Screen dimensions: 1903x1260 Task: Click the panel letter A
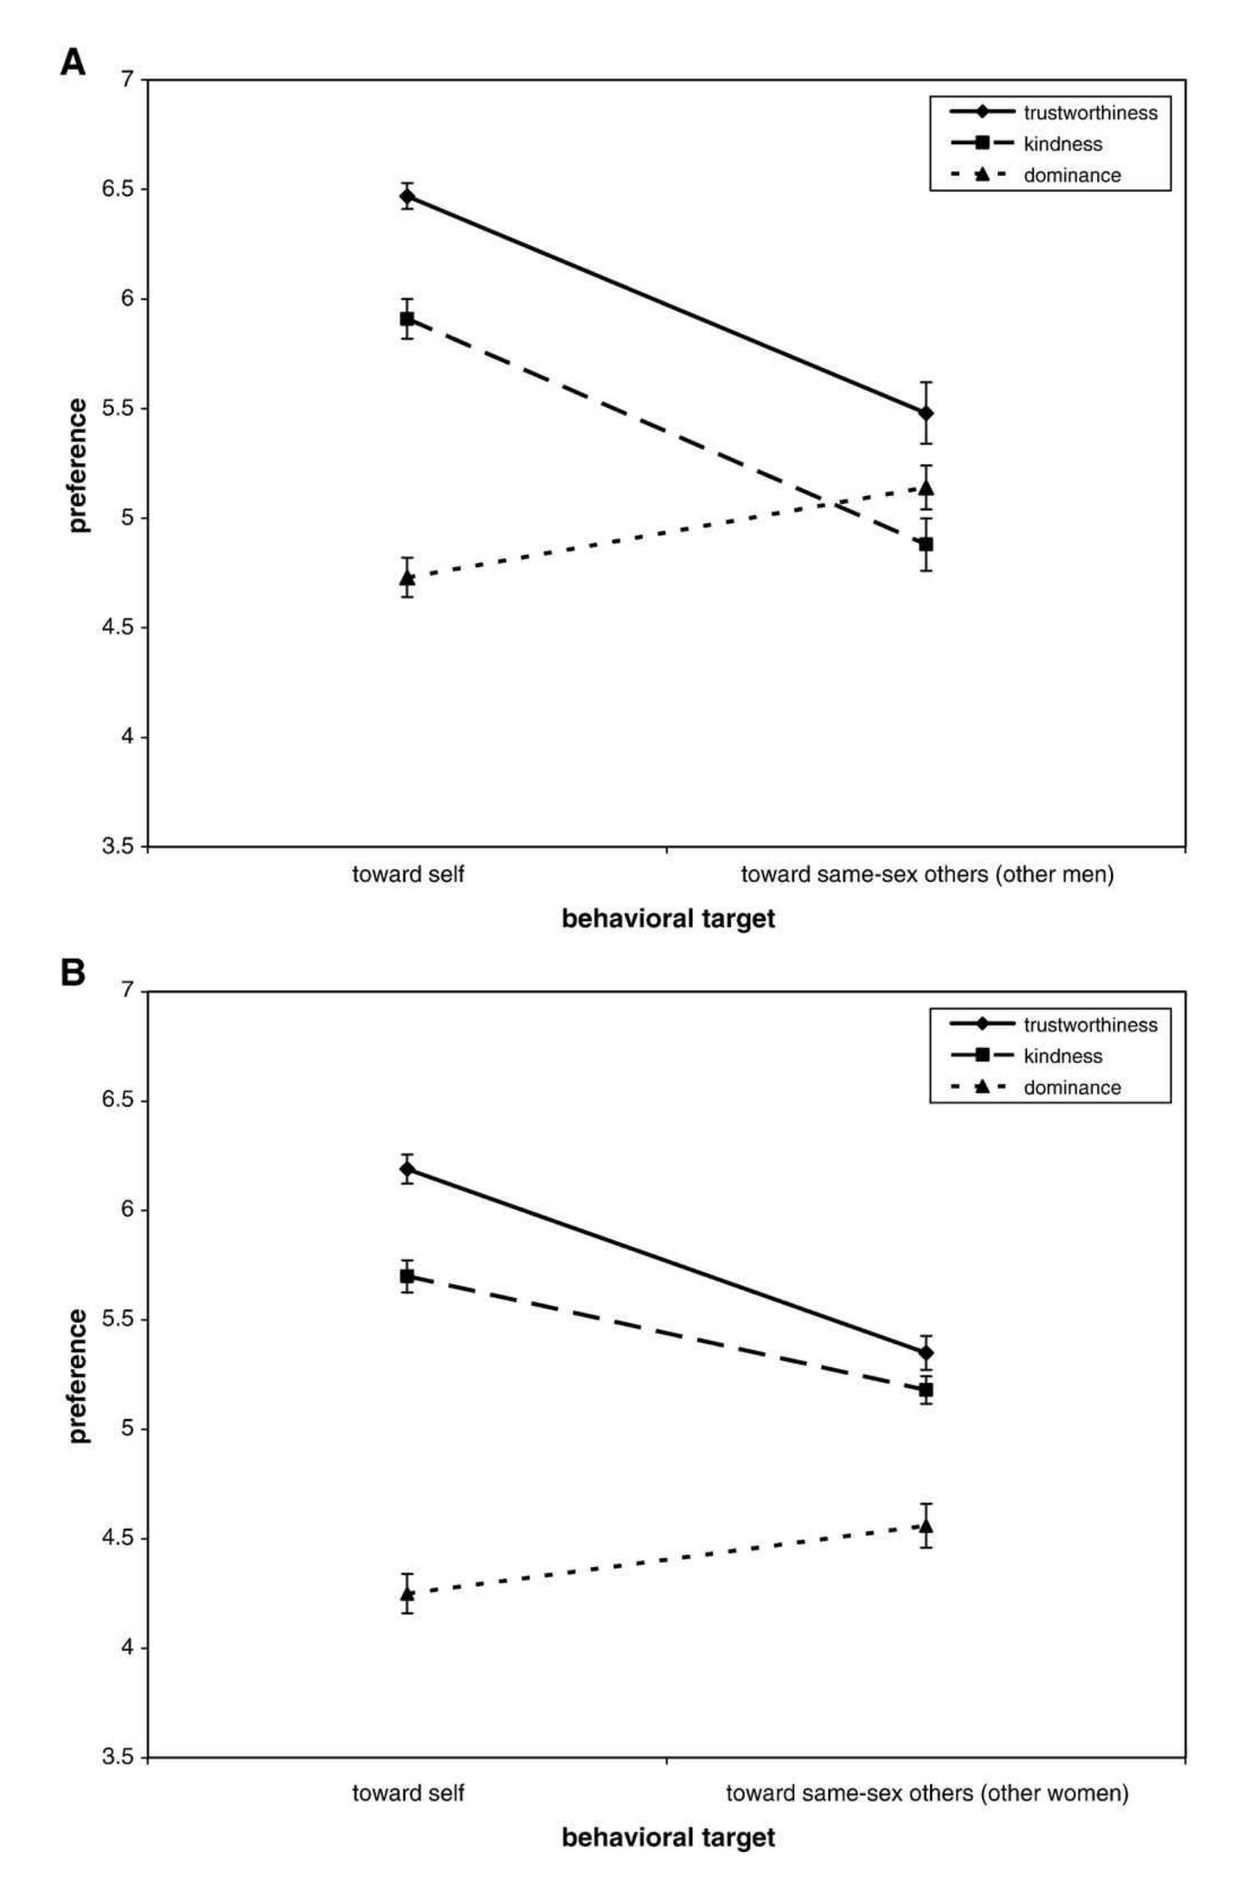73,62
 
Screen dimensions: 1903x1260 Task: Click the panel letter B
73,974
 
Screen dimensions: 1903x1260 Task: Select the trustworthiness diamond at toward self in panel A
407,195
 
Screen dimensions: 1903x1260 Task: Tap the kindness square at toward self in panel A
407,318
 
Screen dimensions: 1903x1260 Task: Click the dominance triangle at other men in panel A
926,487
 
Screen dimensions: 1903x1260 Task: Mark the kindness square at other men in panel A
926,544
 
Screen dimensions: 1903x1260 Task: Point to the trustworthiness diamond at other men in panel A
926,413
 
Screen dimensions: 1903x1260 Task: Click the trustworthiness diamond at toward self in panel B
407,1168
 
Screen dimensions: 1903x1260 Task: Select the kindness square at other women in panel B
926,1389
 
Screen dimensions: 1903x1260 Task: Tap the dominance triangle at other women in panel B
926,1525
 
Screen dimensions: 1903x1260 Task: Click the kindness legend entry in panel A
1062,144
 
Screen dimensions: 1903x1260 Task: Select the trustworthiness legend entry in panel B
1090,1024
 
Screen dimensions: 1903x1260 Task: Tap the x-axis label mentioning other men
927,874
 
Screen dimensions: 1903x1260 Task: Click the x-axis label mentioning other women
927,1786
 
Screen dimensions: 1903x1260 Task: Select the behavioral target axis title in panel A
667,918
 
